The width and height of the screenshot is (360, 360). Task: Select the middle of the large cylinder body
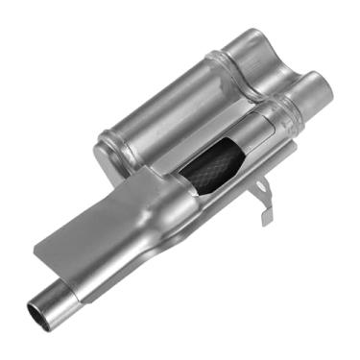[173, 106]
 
